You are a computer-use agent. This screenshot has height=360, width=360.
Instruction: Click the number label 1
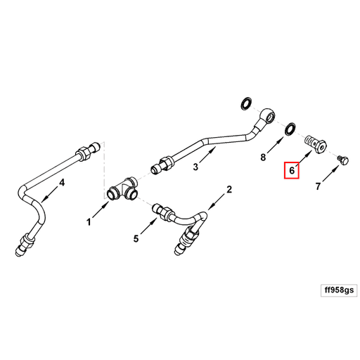pos(89,222)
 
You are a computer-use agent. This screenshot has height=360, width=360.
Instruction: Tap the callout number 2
pos(229,190)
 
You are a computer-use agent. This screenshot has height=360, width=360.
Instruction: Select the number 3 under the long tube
pos(196,167)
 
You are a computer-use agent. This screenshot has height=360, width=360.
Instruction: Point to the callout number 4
pos(62,183)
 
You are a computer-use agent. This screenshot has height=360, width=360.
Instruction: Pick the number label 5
pos(136,239)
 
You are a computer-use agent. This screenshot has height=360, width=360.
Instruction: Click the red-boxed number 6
pos(292,170)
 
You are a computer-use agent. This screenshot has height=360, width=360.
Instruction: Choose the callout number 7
pos(318,186)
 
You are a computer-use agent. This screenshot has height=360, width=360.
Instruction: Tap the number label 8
pos(264,157)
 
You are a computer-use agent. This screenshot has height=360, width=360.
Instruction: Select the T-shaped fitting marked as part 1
pos(122,190)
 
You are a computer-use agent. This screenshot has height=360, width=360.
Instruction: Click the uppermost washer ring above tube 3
pos(245,103)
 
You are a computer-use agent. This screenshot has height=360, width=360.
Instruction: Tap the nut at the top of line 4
pos(84,150)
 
